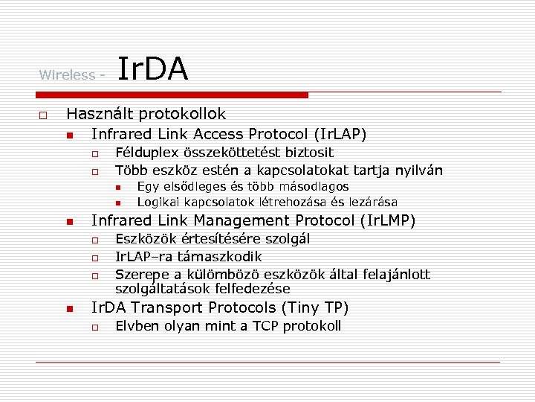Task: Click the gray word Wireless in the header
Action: [68, 74]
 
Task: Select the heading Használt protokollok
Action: [146, 114]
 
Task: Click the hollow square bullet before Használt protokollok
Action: [43, 115]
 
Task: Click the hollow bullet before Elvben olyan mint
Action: [95, 327]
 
